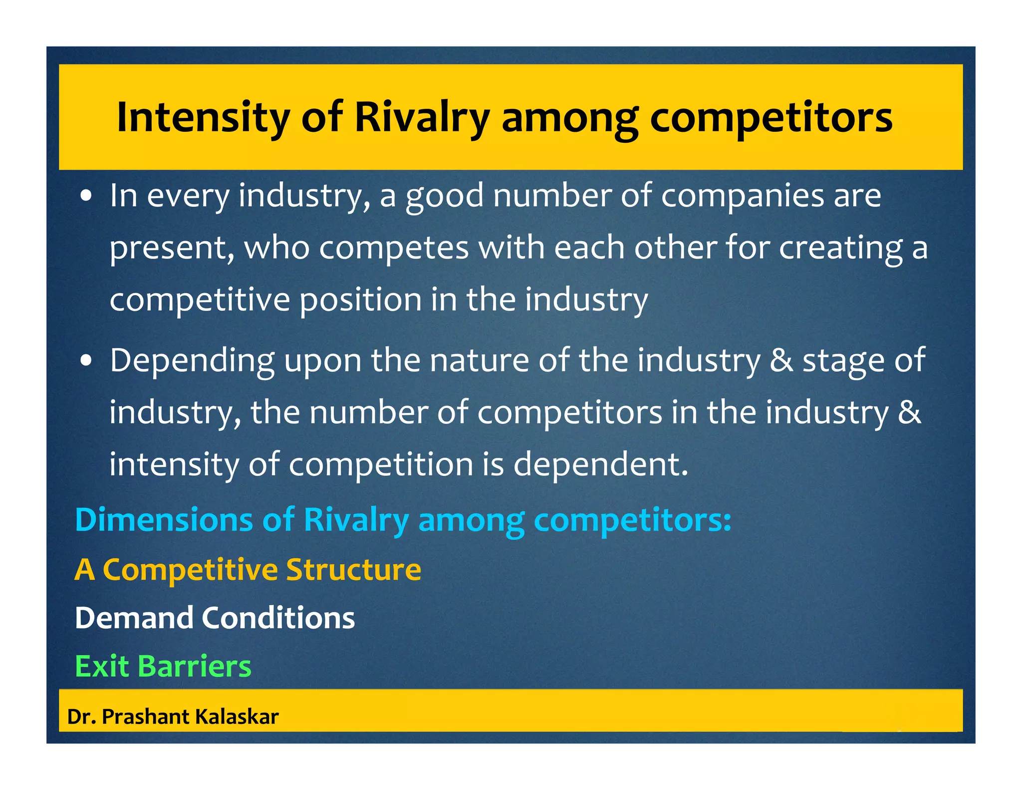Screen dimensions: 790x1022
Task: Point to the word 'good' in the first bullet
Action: point(444,196)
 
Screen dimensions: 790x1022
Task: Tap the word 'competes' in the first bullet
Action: point(394,248)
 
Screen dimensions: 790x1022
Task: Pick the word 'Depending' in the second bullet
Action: point(192,361)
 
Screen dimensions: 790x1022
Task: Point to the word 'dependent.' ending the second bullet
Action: point(601,464)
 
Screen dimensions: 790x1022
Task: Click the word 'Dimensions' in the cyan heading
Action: point(164,520)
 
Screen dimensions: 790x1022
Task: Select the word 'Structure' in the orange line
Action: point(354,570)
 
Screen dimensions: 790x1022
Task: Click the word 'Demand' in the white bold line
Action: point(134,618)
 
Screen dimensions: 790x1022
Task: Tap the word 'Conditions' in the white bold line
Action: point(278,618)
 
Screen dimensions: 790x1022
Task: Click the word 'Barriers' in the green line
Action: point(194,666)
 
